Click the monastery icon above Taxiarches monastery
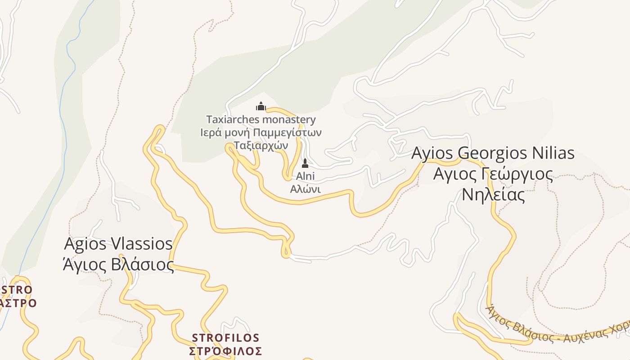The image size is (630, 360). pos(261,107)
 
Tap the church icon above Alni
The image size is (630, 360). pos(305,163)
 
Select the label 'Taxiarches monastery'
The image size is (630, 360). pos(261,120)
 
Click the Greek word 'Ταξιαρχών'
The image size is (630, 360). pos(261,145)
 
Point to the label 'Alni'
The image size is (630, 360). pos(305,176)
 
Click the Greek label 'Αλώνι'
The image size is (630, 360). pos(305,189)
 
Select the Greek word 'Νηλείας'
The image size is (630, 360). pos(493,195)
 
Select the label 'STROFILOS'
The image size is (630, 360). pos(225,337)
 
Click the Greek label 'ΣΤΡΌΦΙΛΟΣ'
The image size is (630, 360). pos(225,351)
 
